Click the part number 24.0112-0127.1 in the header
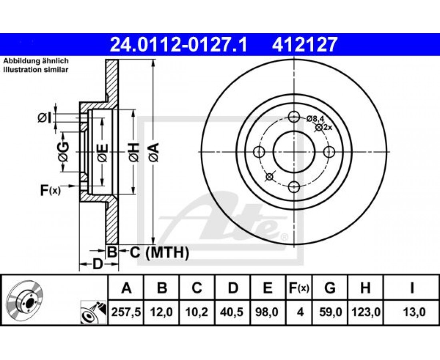(x=178, y=45)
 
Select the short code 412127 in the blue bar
(x=304, y=45)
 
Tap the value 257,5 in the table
(x=126, y=312)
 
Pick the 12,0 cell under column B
(x=162, y=312)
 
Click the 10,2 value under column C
(x=197, y=312)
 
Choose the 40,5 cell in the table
(x=232, y=312)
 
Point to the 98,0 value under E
(x=267, y=312)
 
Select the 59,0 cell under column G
(x=330, y=312)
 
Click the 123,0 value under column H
(x=366, y=312)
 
